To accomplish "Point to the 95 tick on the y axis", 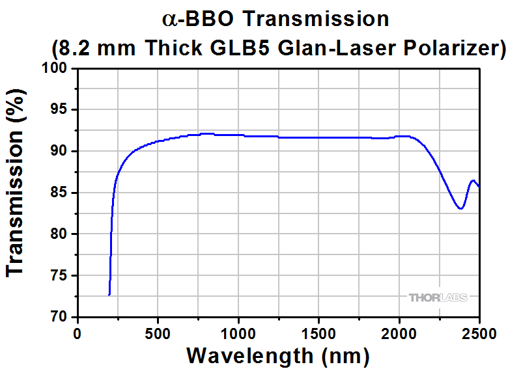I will click(60, 110).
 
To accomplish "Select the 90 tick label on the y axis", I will click(60, 152).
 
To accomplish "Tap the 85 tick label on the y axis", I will click(60, 193).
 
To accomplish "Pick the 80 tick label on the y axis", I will click(60, 234).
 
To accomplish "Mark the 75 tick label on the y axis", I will click(60, 275).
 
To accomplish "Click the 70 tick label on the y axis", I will click(60, 317).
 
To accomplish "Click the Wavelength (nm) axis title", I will click(278, 355).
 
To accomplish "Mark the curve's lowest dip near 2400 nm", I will click(460, 209).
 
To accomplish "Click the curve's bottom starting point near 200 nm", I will click(109, 295).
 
